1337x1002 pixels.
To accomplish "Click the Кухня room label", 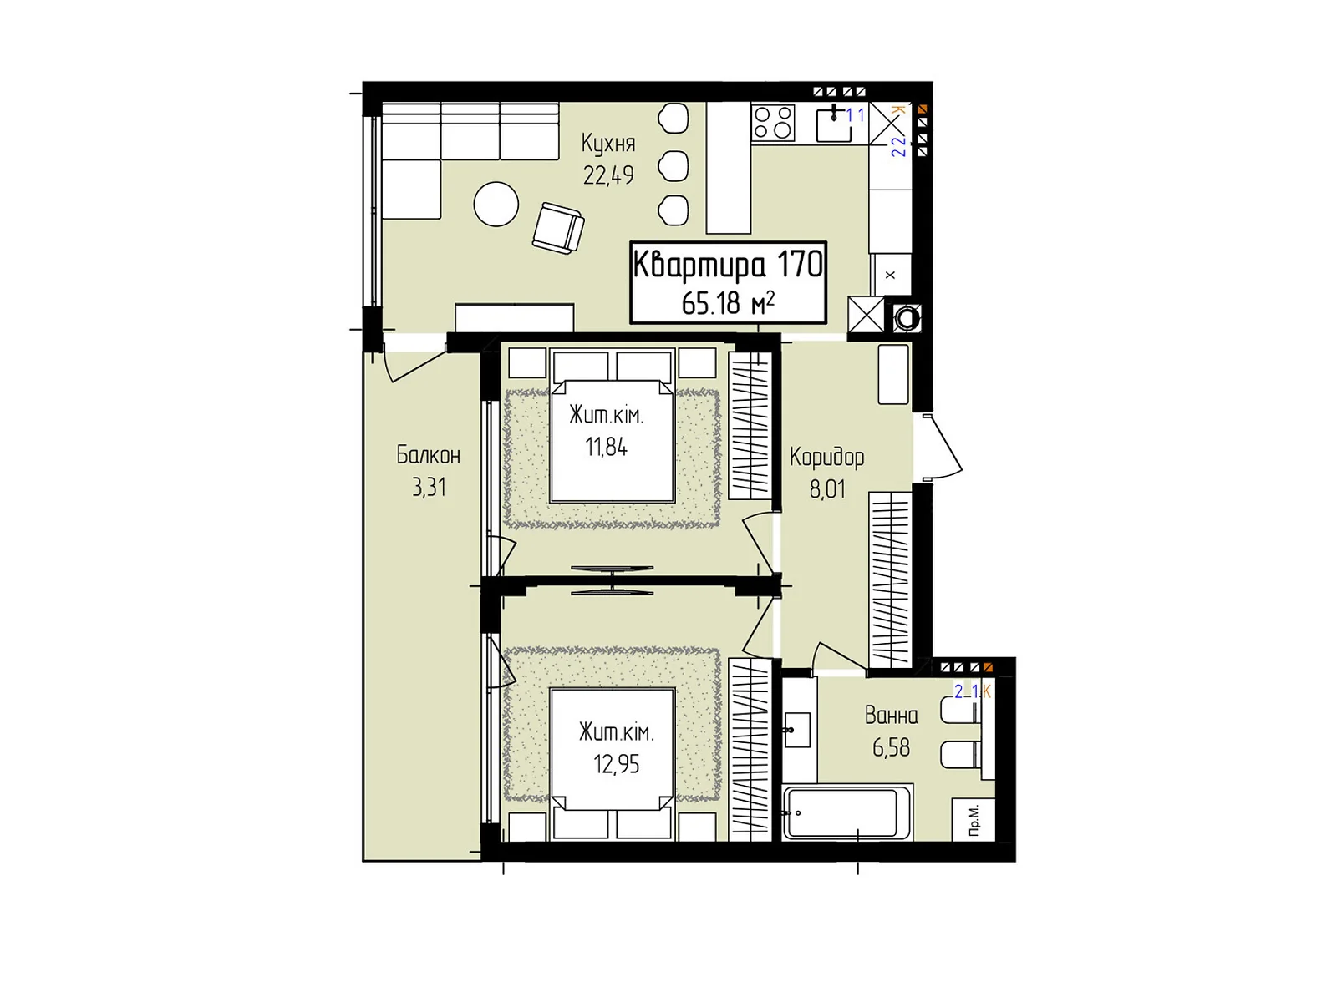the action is pos(607,144).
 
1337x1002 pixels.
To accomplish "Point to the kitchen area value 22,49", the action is pos(608,175).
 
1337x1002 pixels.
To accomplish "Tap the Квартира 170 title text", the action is pos(728,266).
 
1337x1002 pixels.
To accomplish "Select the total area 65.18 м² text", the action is pos(728,302).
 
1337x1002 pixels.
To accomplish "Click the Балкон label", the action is pos(428,454).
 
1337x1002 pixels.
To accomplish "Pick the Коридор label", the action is pos(826,458).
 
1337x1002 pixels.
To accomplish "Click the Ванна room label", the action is pos(891,716).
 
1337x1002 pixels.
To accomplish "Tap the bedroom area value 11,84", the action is pos(606,448).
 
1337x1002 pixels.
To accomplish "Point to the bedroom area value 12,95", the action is pos(617,764).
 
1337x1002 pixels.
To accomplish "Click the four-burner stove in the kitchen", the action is pos(773,122).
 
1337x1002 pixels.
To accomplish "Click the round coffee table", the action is pos(496,204).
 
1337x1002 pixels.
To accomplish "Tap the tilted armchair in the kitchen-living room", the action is pos(558,228).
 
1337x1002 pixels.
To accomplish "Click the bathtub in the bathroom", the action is pos(847,812).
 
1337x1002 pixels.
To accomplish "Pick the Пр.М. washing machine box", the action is pos(973,819).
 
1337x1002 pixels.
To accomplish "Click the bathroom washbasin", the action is pos(796,730).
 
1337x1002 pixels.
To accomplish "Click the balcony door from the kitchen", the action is pos(414,365).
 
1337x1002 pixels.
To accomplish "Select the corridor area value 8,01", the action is pos(827,489).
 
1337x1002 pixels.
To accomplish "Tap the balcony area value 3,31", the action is pos(429,488).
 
